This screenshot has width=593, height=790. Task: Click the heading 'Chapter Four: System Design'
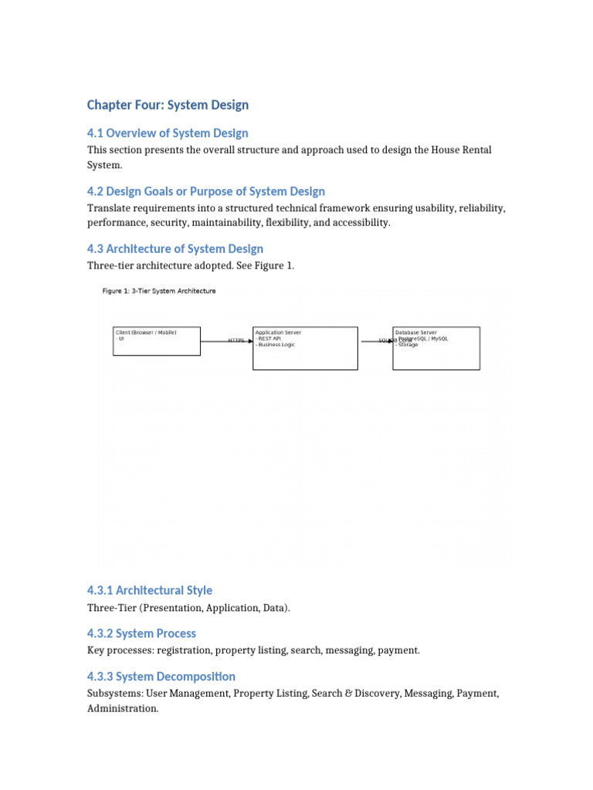click(x=168, y=105)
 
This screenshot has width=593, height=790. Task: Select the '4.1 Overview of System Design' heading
click(x=168, y=133)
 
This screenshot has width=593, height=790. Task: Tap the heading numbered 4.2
click(x=206, y=191)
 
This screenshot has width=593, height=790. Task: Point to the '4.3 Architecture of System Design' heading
click(x=175, y=248)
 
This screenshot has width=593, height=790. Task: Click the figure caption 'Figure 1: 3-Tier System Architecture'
click(x=159, y=291)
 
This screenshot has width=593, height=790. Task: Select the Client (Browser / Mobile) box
click(x=157, y=341)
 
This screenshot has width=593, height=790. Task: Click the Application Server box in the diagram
click(x=305, y=349)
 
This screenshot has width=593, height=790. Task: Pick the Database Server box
click(x=436, y=349)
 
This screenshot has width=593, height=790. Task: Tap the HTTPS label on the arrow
click(x=236, y=340)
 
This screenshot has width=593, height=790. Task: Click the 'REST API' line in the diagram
click(x=269, y=339)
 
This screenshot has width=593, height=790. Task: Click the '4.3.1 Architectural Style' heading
click(x=150, y=590)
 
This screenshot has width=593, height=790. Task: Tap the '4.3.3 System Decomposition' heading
click(x=161, y=677)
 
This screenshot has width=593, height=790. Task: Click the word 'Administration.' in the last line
click(x=123, y=708)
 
